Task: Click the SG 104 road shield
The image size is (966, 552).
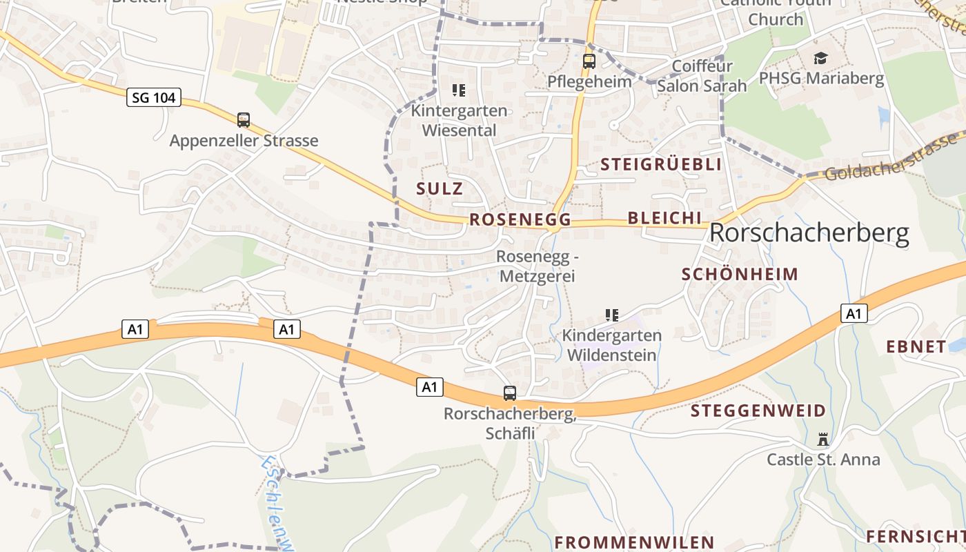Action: [154, 98]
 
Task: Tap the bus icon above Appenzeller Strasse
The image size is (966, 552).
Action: [244, 120]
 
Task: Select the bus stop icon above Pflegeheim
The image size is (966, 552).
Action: [589, 61]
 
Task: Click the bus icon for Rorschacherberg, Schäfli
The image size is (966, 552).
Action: [510, 393]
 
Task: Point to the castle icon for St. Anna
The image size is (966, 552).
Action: [822, 440]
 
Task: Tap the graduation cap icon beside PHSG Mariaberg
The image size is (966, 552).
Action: [820, 58]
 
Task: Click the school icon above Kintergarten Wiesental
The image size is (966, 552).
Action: [458, 90]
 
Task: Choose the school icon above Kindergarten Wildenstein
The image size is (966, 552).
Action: [611, 315]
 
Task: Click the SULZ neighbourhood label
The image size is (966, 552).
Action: [440, 188]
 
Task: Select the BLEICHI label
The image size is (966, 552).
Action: [664, 218]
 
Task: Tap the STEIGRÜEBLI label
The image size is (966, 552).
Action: [661, 164]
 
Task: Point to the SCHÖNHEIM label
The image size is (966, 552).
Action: [740, 274]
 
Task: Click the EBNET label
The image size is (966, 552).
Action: [916, 346]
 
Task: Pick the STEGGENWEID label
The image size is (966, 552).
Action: [758, 411]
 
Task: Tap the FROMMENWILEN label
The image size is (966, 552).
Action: [634, 542]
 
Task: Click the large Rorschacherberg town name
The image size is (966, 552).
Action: [809, 234]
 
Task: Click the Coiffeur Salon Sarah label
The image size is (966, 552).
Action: [702, 76]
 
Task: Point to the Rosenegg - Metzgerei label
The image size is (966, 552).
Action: [536, 266]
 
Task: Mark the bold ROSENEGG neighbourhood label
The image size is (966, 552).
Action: [520, 220]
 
